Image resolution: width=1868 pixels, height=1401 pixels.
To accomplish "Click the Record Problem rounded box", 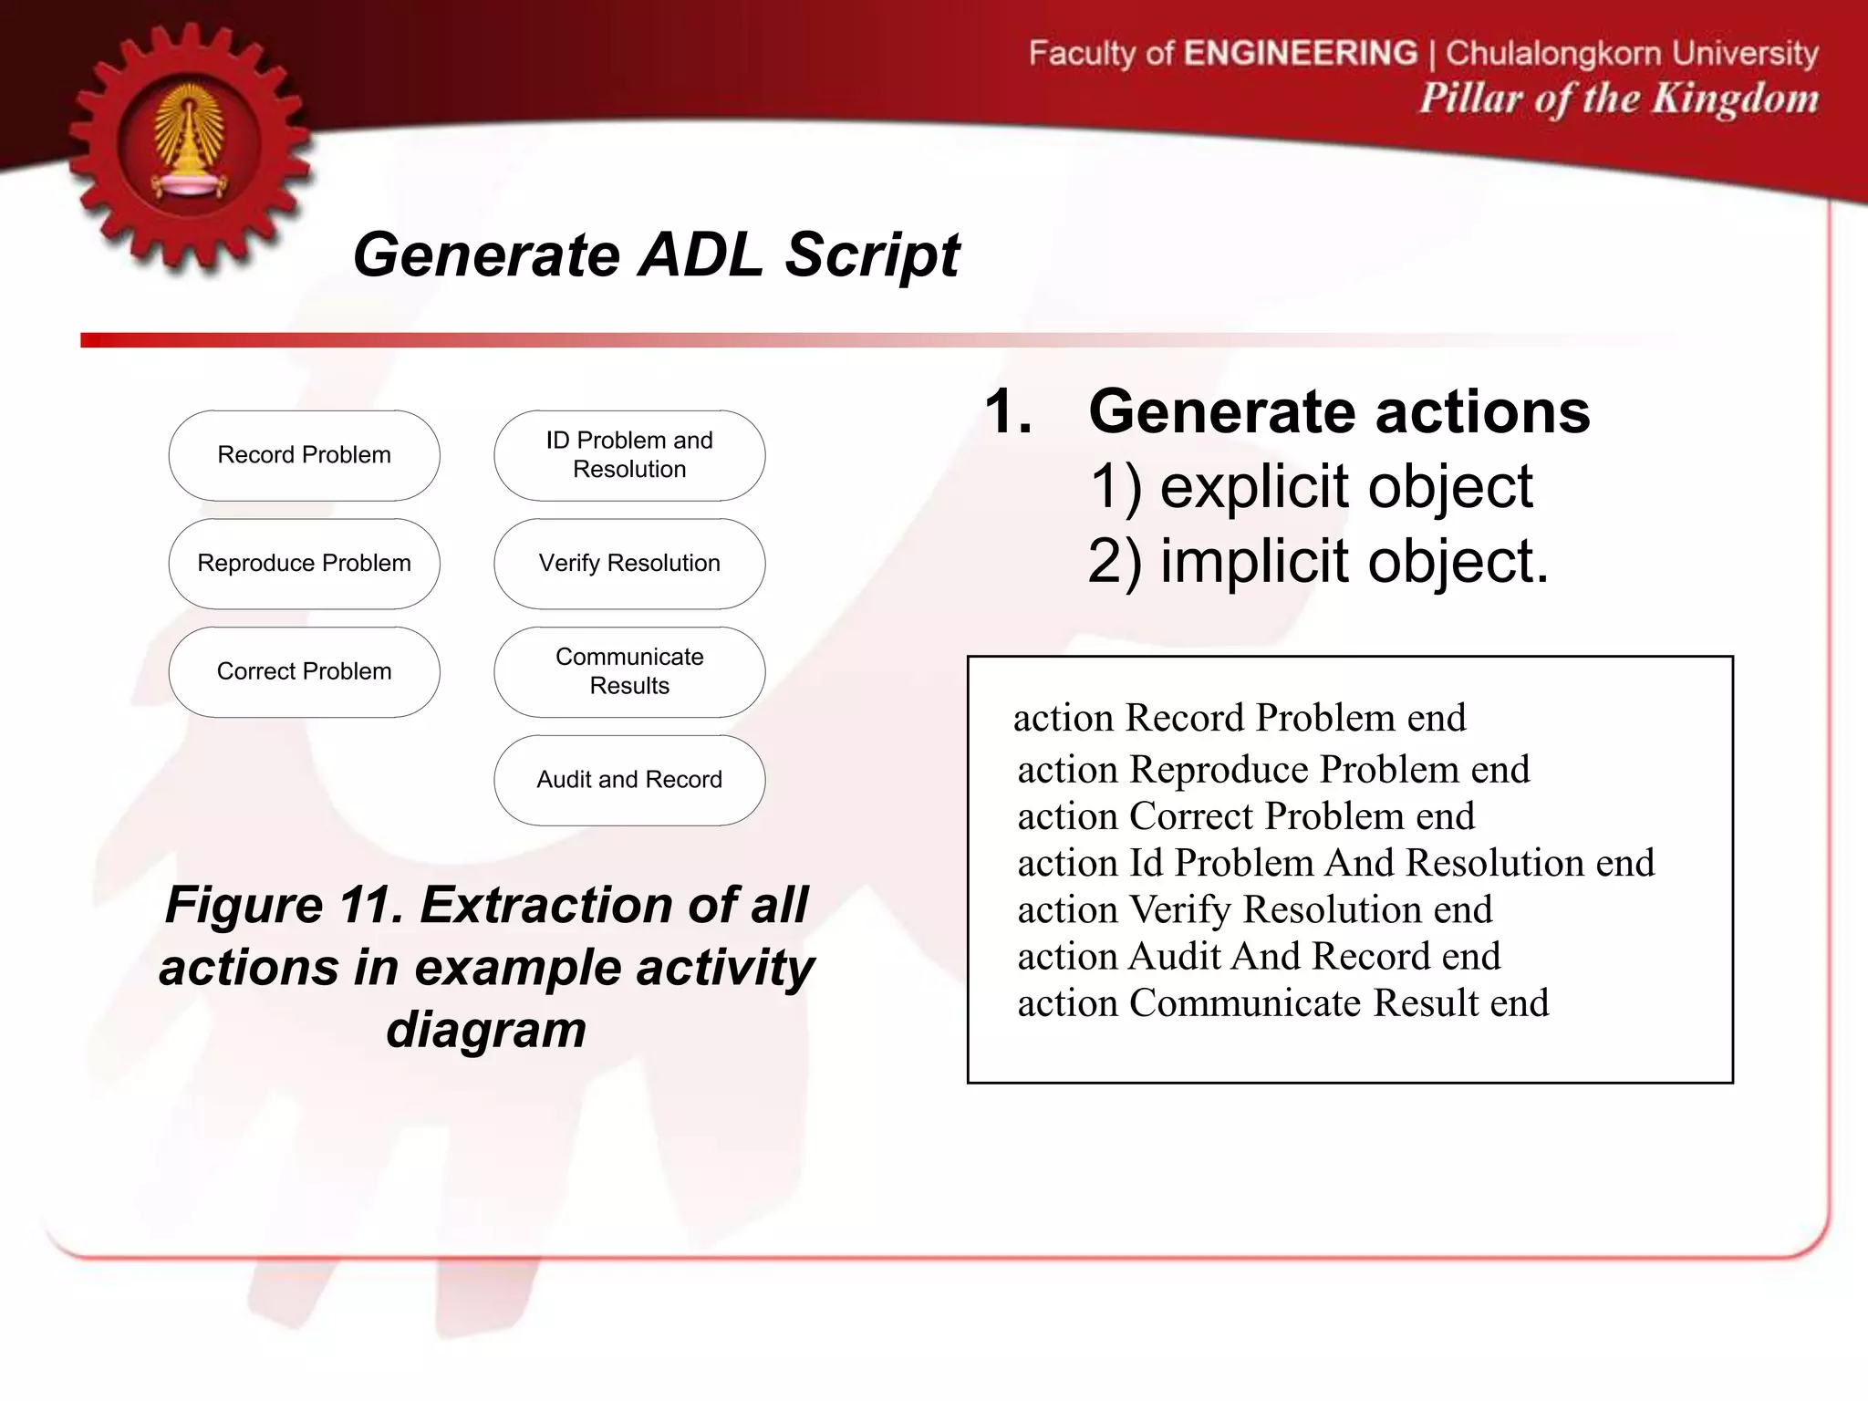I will click(304, 455).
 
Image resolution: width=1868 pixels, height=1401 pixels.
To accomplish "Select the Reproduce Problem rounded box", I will click(304, 564).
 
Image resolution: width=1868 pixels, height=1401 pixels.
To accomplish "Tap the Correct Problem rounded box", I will click(304, 672).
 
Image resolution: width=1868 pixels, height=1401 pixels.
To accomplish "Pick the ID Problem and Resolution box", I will click(629, 455).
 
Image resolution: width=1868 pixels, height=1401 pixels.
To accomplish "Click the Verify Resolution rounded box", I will click(629, 564).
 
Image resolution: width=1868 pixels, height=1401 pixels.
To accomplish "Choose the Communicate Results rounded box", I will click(629, 672).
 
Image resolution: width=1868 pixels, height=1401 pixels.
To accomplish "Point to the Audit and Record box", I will click(629, 780).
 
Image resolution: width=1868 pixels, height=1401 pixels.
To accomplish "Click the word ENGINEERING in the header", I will click(1301, 53).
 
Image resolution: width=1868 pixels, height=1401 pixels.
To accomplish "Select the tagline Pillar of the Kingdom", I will click(1618, 99).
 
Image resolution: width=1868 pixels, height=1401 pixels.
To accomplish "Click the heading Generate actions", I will click(1339, 411).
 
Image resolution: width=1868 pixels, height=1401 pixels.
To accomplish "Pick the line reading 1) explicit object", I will click(1311, 486).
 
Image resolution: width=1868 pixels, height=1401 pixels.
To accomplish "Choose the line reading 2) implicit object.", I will click(1318, 561).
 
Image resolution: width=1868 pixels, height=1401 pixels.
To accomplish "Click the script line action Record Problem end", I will click(1240, 718).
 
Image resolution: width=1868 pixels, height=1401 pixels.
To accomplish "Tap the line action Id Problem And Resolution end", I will click(1335, 863).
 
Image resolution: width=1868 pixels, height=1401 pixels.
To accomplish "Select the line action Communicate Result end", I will click(1282, 1003).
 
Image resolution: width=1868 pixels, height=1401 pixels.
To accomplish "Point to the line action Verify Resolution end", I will click(1255, 909).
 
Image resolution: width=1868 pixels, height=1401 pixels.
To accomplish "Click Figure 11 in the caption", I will click(284, 906).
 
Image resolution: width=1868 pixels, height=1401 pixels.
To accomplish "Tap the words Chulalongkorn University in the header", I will click(1632, 53).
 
